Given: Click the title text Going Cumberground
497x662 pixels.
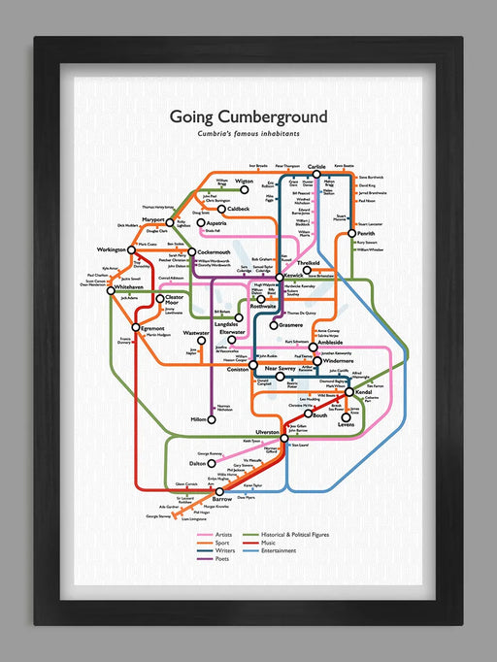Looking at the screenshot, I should (x=248, y=116).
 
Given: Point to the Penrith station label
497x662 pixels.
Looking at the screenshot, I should (x=366, y=233).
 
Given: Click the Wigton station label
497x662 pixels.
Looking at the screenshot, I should (x=243, y=182).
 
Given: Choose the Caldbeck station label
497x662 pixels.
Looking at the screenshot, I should (x=237, y=209).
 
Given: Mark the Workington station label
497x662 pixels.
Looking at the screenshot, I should (x=113, y=249).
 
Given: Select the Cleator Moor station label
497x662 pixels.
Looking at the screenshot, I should (x=175, y=300).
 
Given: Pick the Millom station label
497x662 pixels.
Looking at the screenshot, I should (x=200, y=418).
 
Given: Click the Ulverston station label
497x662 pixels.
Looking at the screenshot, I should (x=266, y=429).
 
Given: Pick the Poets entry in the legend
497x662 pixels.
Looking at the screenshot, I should (x=222, y=559).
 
